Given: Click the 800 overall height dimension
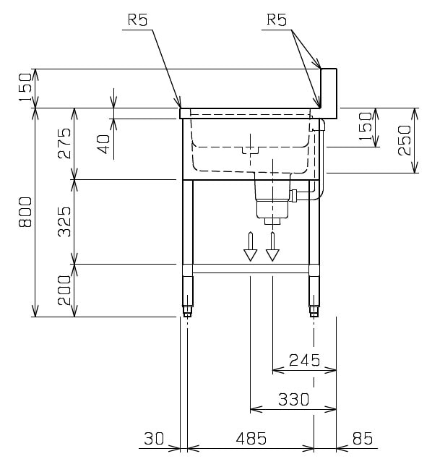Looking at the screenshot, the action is click(x=25, y=212).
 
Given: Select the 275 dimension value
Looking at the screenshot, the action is click(x=64, y=143).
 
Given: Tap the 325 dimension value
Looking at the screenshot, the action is click(x=64, y=222).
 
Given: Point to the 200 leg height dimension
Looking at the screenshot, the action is click(x=64, y=290).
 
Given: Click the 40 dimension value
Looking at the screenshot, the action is click(x=104, y=144).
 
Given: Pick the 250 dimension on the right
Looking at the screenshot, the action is click(x=404, y=140).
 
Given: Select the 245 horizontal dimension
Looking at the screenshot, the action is click(x=304, y=360).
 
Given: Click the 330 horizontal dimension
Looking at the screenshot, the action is click(x=293, y=399).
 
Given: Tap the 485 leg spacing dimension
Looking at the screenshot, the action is click(x=251, y=438).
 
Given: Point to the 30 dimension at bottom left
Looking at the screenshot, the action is click(x=154, y=438).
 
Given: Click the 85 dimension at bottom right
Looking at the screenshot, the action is click(x=362, y=438).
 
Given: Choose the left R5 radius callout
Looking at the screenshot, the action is click(x=138, y=20).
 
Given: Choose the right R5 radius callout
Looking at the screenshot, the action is click(x=277, y=20).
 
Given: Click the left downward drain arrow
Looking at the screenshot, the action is click(x=250, y=246).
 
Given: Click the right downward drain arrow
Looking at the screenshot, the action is click(x=272, y=246).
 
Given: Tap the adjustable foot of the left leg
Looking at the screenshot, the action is click(x=187, y=310).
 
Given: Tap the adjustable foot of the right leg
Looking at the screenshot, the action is click(x=314, y=310).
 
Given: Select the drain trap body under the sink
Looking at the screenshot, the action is click(x=272, y=199).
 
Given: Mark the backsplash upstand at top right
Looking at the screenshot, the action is click(x=329, y=93).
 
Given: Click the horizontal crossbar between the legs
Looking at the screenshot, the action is click(x=251, y=268).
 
